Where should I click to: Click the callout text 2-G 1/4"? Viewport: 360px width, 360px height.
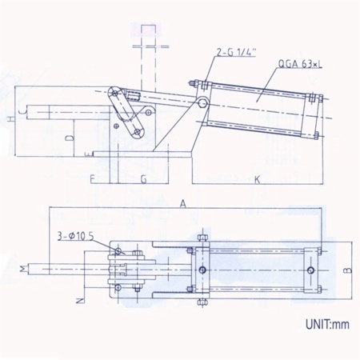point(236,53)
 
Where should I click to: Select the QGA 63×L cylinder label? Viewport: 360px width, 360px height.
point(300,64)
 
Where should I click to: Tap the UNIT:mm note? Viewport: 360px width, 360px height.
point(327,325)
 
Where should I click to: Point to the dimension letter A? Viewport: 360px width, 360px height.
point(182,204)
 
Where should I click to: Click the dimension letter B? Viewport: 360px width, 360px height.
point(347,270)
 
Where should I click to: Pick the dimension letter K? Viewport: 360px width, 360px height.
point(257,180)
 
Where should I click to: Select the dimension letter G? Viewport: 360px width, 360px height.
point(144,179)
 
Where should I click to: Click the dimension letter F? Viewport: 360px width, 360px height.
point(92,179)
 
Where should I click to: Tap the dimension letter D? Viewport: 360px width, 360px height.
point(70,138)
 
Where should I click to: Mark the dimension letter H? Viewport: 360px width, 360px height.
point(10,119)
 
